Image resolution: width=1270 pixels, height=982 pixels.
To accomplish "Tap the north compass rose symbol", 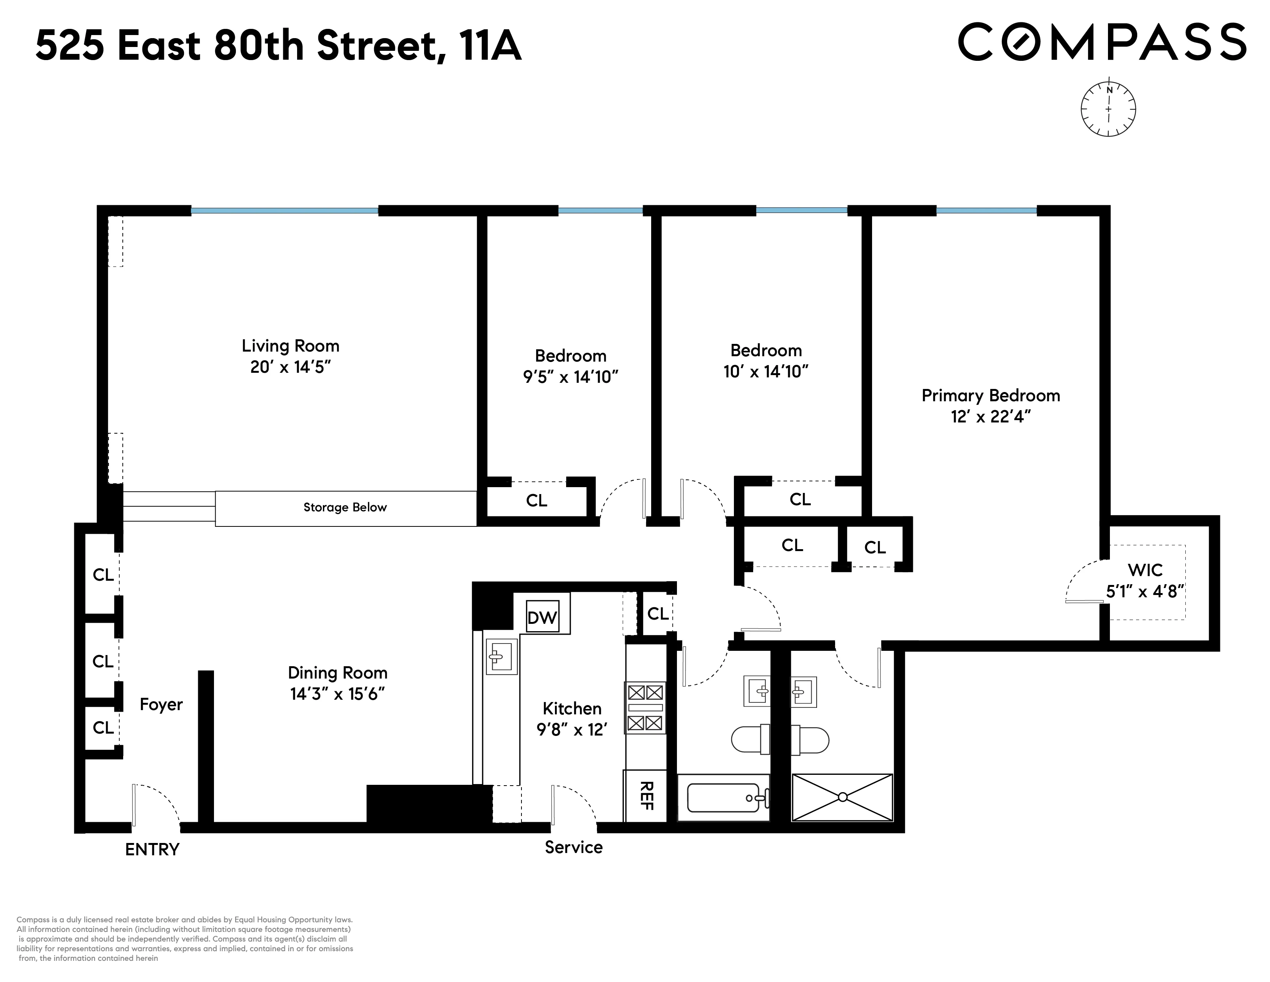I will tap(1108, 109).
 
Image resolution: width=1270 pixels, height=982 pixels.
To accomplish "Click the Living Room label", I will tap(290, 346).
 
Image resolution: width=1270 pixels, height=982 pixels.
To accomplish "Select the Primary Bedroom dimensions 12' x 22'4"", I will tap(990, 417).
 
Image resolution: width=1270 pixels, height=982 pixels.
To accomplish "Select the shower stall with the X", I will tap(842, 797).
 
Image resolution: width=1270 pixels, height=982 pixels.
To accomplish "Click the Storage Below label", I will tap(345, 507).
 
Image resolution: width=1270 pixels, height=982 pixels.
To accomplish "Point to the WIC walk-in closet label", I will tap(1145, 570).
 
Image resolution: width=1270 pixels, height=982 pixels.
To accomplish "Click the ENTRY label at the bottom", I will tap(152, 850).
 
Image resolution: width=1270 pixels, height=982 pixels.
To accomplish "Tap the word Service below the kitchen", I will tap(573, 847).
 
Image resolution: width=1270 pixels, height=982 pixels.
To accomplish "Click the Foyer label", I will tap(161, 704).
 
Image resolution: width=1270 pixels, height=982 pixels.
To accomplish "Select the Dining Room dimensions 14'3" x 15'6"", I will tap(337, 694).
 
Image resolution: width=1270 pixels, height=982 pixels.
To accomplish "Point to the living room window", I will tap(284, 211).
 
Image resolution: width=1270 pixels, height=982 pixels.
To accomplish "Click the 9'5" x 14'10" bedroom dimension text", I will tap(570, 377).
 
